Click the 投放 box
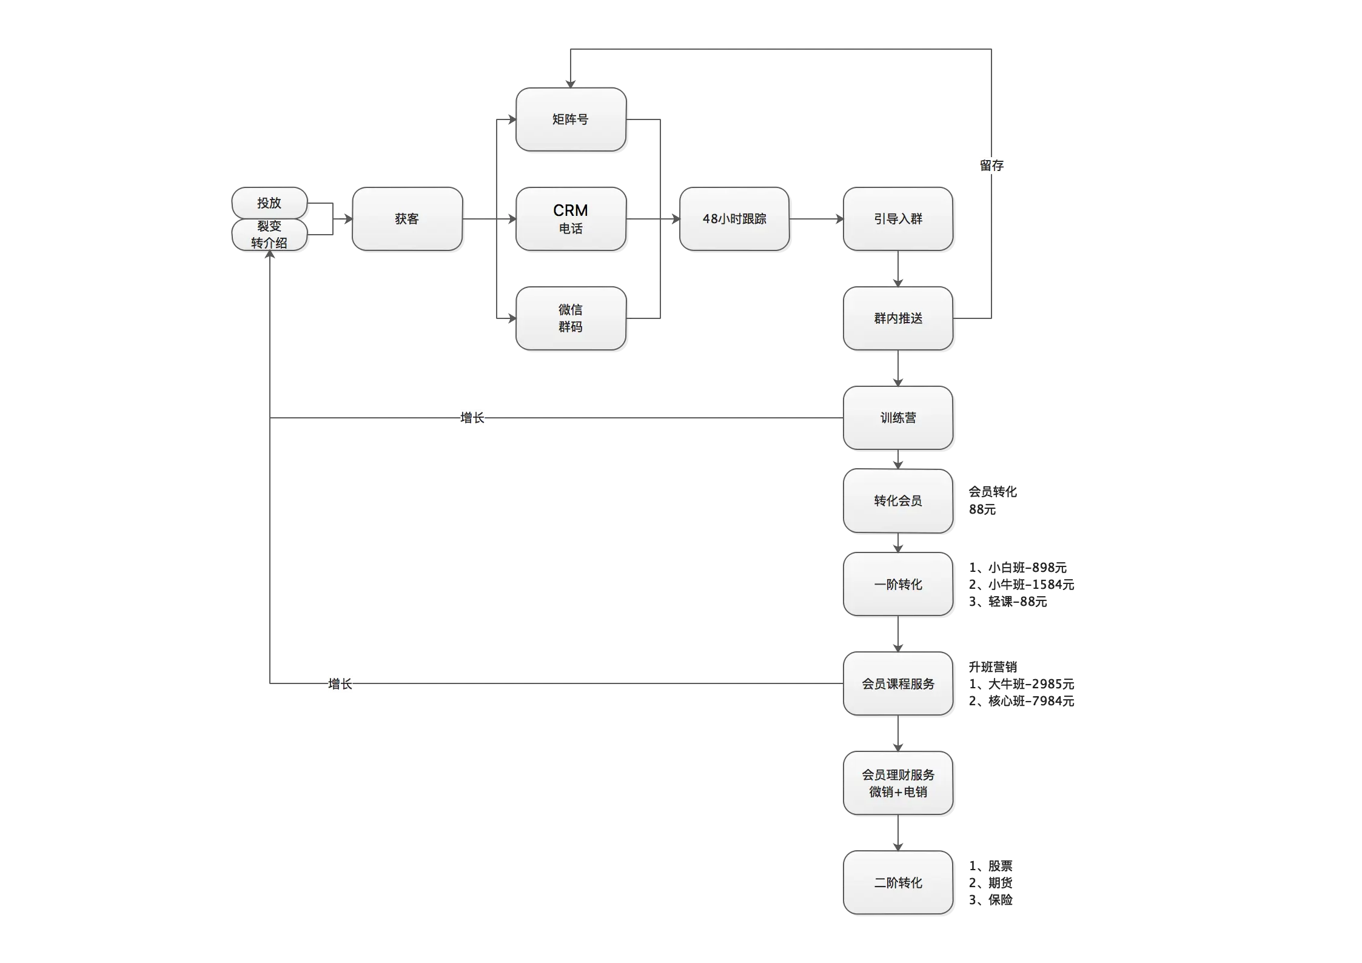click(x=269, y=203)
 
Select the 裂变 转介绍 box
click(x=269, y=235)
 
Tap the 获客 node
click(x=407, y=219)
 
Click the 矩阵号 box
click(x=570, y=119)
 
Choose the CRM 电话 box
click(x=570, y=219)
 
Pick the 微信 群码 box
click(x=570, y=318)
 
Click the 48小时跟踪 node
click(x=734, y=219)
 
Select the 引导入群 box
click(x=898, y=219)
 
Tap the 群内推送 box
click(x=898, y=318)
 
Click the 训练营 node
click(x=898, y=418)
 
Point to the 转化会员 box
click(x=898, y=501)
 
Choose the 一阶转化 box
click(x=898, y=584)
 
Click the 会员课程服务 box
click(x=898, y=683)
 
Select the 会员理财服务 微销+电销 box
click(x=898, y=783)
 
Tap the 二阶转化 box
click(x=898, y=882)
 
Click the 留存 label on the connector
click(x=991, y=165)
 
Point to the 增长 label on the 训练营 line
click(x=471, y=418)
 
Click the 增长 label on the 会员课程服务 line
click(x=339, y=684)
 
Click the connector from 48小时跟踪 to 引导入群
click(x=816, y=220)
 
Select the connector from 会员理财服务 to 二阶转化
click(x=899, y=832)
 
